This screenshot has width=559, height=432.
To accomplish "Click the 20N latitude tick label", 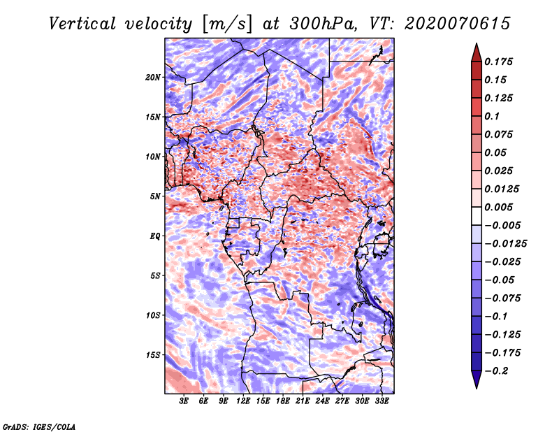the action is (x=152, y=78).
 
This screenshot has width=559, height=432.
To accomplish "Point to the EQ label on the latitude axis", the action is (x=155, y=236).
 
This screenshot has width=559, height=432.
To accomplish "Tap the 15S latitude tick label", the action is (x=153, y=355).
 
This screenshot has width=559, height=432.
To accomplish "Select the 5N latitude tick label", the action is (x=155, y=196).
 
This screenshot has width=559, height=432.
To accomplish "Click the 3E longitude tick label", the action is (x=184, y=401).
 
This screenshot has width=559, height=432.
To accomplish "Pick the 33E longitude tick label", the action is (x=382, y=401).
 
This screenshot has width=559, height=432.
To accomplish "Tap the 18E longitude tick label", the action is (x=283, y=401).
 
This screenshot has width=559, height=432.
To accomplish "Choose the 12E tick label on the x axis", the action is (x=243, y=401).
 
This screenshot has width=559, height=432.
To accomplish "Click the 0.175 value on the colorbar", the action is (x=498, y=62).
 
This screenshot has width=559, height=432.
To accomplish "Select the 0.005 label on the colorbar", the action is (x=498, y=207).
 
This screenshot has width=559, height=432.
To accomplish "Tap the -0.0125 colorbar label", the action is (x=505, y=244).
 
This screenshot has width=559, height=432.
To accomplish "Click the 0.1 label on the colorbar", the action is (x=492, y=116).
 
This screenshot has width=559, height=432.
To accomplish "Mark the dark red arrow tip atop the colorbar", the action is (x=477, y=44).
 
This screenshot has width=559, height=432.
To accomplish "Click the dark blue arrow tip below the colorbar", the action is (x=477, y=388).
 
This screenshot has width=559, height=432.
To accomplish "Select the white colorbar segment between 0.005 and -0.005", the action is (x=477, y=216).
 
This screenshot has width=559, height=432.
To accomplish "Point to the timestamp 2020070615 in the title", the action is (x=458, y=24).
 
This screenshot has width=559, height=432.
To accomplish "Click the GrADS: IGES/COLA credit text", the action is (x=39, y=426).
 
